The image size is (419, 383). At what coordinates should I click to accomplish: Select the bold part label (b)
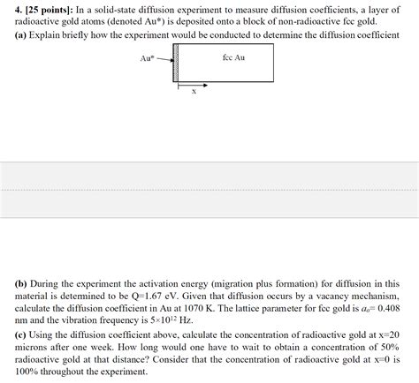(x=21, y=284)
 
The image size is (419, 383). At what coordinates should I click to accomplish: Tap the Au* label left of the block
(x=148, y=58)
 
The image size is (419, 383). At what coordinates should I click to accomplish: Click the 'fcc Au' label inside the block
(x=233, y=58)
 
